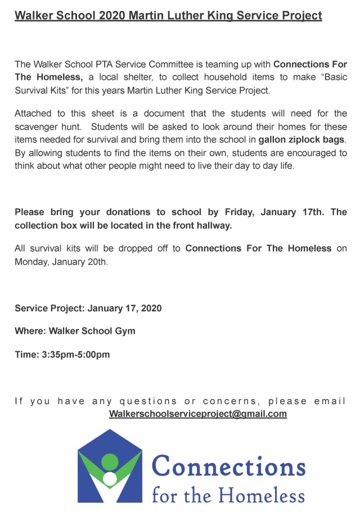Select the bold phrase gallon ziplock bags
point(301,140)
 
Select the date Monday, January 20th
point(61,261)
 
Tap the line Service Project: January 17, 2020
point(88,308)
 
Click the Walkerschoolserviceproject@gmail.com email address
point(198,414)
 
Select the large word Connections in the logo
point(228,467)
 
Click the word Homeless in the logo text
point(262,495)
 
